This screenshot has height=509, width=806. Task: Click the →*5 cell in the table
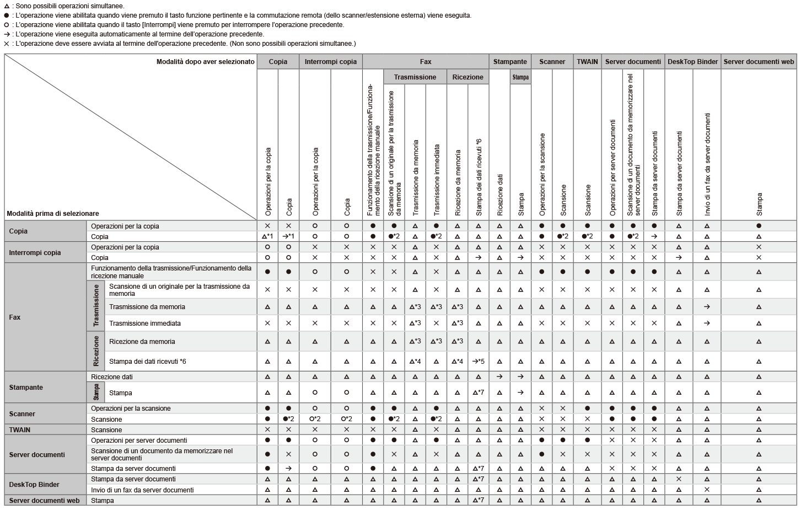point(478,362)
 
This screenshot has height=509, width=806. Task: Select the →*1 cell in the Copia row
point(288,236)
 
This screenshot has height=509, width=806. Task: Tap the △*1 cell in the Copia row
point(267,236)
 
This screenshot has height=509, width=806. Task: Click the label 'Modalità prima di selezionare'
point(53,214)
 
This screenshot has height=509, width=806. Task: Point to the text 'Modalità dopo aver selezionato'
point(206,62)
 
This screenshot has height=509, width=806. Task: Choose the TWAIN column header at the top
point(587,62)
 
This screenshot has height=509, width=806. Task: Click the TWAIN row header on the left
point(20,430)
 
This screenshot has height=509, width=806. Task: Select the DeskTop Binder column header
point(692,62)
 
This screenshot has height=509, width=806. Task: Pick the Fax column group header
point(425,62)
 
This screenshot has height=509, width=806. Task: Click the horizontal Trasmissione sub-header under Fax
point(415,77)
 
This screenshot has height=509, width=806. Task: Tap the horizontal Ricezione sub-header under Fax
point(468,77)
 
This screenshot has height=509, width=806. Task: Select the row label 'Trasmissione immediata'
point(145,324)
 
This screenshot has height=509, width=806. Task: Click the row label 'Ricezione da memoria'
point(142,342)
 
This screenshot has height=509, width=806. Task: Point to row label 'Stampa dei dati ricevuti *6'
point(148,362)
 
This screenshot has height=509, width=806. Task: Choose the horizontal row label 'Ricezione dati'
point(112,377)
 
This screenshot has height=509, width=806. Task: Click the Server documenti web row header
point(44,501)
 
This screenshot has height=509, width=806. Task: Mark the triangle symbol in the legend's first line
point(7,6)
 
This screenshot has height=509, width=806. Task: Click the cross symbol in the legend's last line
point(7,44)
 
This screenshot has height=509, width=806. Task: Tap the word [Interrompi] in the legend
point(159,25)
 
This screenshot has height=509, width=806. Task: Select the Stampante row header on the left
point(26,388)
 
